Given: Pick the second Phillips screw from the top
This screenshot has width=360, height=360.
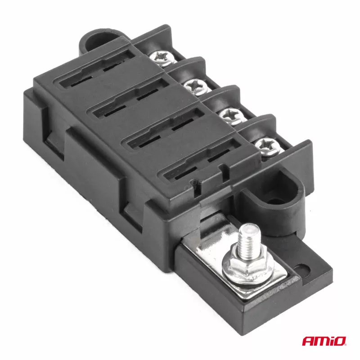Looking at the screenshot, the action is pyautogui.click(x=196, y=86).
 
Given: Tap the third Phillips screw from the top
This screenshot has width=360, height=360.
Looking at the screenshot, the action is pyautogui.click(x=231, y=116).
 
